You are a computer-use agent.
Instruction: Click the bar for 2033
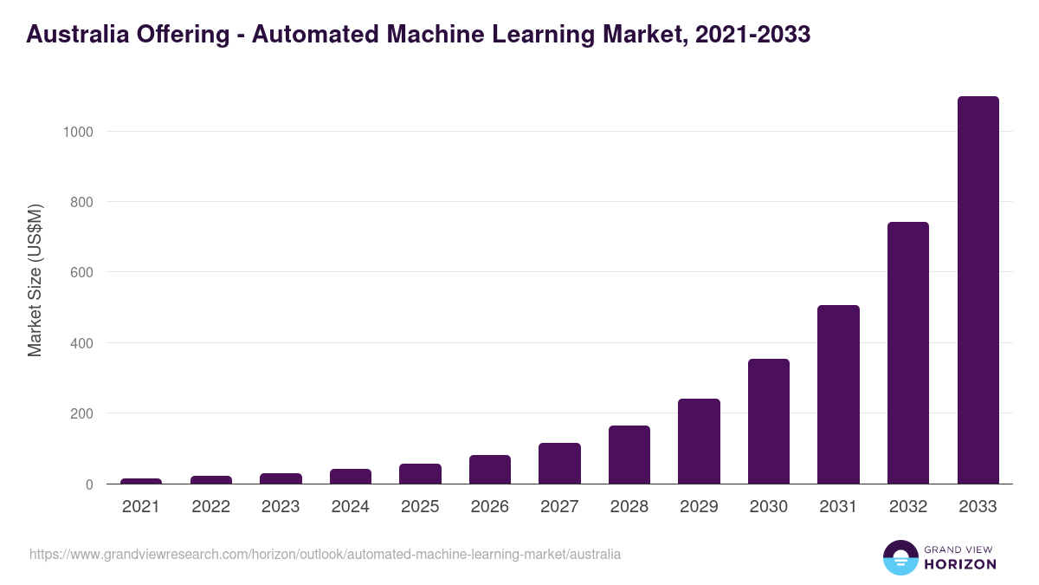pos(978,290)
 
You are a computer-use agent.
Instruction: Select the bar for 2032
pos(908,353)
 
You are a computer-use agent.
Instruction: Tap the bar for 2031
pos(838,394)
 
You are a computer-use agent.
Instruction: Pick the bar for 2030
pos(769,421)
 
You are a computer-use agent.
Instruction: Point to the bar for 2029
pos(699,441)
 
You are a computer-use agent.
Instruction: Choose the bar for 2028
pos(629,454)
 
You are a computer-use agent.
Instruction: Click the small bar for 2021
pos(141,481)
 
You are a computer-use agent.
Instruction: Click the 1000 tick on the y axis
pos(77,132)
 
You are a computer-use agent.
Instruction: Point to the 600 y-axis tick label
pos(81,272)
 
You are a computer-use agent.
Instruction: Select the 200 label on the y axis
pos(81,413)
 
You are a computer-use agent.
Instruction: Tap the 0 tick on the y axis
pos(89,484)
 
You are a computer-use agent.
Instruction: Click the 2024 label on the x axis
pos(350,507)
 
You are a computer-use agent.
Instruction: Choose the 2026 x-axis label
pos(489,507)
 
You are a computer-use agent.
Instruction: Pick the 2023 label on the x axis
pos(281,507)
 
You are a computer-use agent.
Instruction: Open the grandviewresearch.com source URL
pos(325,554)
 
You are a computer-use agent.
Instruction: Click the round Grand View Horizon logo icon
pos(900,557)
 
